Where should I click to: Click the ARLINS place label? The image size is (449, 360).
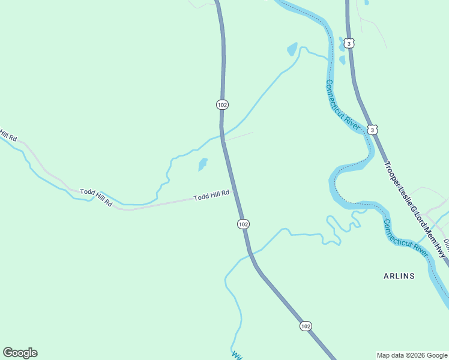point(399,276)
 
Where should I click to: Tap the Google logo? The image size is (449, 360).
point(20,353)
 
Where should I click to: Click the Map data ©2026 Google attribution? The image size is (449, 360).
point(412,355)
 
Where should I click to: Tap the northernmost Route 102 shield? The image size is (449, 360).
point(222,104)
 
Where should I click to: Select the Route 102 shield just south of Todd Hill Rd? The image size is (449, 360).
point(243,224)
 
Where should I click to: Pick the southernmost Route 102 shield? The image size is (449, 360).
point(306,326)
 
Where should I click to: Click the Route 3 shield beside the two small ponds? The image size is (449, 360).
point(350,43)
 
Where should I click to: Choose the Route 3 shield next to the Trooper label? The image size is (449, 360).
point(373,130)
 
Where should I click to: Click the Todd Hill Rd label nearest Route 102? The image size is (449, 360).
point(211,195)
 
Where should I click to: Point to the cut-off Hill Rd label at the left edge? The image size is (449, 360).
point(7,134)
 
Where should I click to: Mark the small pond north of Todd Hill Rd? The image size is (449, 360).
point(203,164)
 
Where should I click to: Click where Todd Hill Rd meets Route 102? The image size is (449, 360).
point(234,192)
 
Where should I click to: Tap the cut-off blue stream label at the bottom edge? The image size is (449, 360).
point(235,354)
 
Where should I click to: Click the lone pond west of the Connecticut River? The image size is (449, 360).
point(292,49)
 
